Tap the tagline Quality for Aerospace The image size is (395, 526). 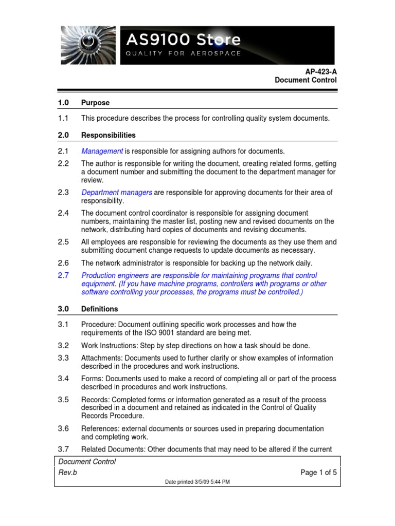click(x=184, y=54)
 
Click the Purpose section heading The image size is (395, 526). click(x=95, y=103)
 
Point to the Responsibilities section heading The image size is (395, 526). click(x=109, y=135)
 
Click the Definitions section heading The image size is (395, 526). click(x=99, y=309)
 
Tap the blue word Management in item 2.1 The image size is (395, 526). click(x=102, y=151)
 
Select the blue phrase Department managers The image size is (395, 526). click(x=117, y=192)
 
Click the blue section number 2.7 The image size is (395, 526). click(x=63, y=275)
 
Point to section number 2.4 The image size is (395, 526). click(x=63, y=213)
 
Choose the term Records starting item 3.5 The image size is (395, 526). click(x=95, y=399)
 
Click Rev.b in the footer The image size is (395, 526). click(x=67, y=473)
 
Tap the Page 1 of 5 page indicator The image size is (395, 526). click(x=318, y=473)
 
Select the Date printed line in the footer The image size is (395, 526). click(x=197, y=482)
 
